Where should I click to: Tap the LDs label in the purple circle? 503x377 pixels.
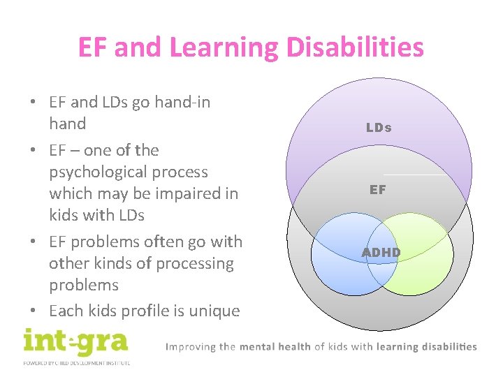pos(379,128)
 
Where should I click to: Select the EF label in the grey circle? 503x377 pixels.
pos(378,189)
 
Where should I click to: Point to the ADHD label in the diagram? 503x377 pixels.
pos(381,252)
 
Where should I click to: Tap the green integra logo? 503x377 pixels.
pos(75,341)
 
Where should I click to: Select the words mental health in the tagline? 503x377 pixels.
pos(275,346)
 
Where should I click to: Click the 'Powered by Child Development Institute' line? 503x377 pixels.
pos(76,362)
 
